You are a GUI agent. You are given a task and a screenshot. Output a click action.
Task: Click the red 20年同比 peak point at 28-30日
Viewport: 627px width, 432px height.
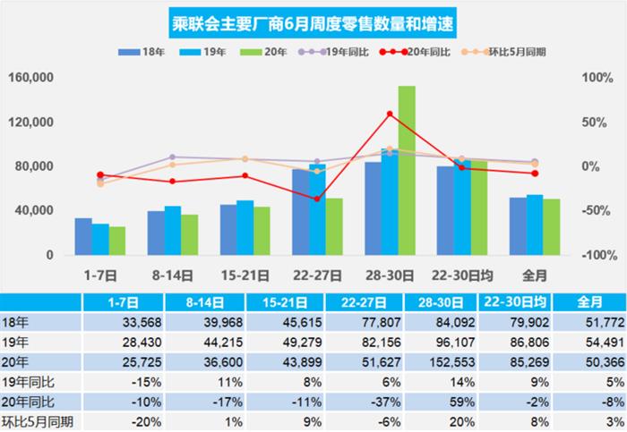click(389, 114)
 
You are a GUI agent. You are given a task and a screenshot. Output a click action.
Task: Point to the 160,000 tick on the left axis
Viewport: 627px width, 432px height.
click(32, 78)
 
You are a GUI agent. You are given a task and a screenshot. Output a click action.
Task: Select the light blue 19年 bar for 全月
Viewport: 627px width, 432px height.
click(535, 224)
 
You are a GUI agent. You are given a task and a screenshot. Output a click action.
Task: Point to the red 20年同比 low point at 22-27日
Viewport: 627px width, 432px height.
click(317, 199)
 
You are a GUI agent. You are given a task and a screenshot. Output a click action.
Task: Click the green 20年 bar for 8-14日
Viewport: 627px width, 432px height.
click(189, 234)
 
